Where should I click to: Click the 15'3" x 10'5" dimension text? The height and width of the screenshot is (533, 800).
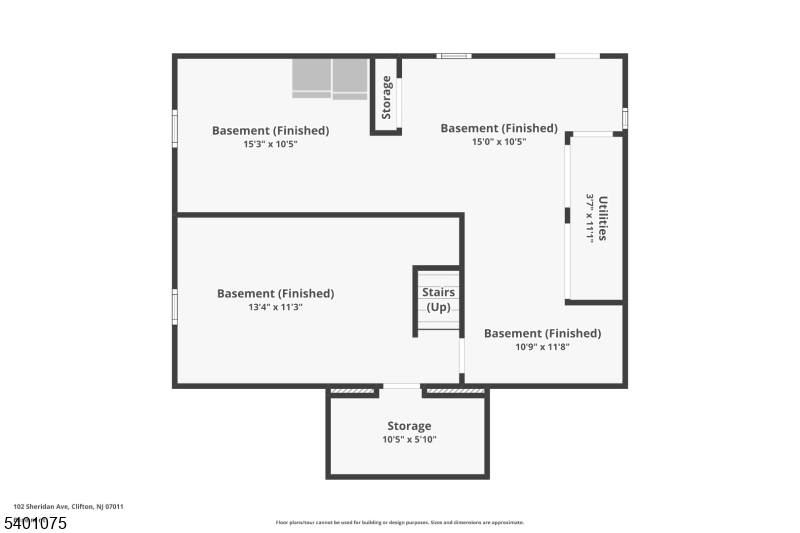pyautogui.click(x=270, y=144)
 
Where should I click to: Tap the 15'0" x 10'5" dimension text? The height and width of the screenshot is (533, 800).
pyautogui.click(x=499, y=142)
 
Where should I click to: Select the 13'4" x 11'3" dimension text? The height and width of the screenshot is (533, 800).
pyautogui.click(x=275, y=308)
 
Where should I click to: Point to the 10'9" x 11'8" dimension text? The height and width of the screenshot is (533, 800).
pyautogui.click(x=542, y=347)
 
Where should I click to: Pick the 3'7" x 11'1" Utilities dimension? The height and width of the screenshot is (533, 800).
pyautogui.click(x=590, y=218)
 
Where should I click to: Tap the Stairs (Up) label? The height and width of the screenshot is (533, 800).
pyautogui.click(x=438, y=299)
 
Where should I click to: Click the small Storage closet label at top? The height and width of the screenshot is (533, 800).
pyautogui.click(x=387, y=97)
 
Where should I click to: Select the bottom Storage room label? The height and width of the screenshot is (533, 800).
pyautogui.click(x=409, y=426)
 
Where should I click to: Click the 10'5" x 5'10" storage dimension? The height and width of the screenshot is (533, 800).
pyautogui.click(x=409, y=440)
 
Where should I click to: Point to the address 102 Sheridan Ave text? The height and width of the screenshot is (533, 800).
pyautogui.click(x=69, y=507)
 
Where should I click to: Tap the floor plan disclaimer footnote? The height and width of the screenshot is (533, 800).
pyautogui.click(x=399, y=522)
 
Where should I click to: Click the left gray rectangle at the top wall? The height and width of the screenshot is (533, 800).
pyautogui.click(x=311, y=78)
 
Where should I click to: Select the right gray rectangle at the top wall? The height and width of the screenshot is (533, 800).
pyautogui.click(x=350, y=78)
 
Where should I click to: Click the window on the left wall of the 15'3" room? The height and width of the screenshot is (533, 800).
pyautogui.click(x=175, y=129)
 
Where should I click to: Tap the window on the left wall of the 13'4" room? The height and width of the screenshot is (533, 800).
pyautogui.click(x=175, y=306)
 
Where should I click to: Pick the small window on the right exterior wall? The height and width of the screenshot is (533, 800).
pyautogui.click(x=625, y=118)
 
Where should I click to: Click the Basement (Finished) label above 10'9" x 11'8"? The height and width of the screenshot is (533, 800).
pyautogui.click(x=542, y=333)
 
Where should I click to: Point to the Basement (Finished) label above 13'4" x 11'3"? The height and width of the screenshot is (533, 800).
pyautogui.click(x=275, y=294)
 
